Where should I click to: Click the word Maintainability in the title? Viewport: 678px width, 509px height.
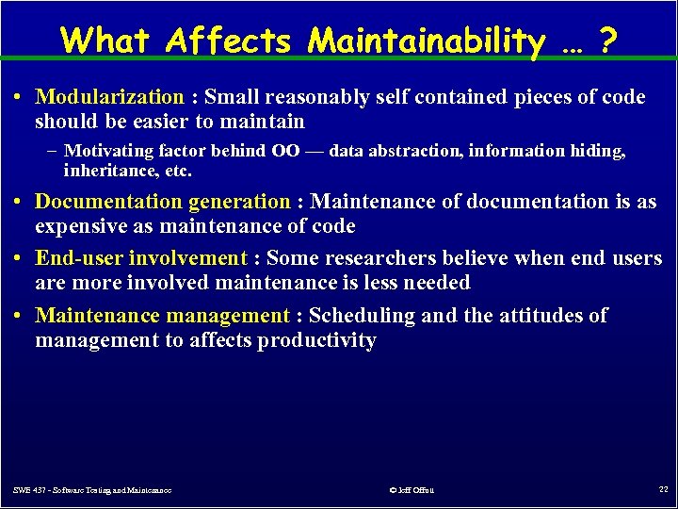427,41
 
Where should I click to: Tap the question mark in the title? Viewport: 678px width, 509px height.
609,41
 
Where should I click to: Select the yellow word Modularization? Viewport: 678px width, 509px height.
109,97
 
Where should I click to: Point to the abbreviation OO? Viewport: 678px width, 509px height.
285,151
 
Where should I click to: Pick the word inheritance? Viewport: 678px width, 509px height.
105,171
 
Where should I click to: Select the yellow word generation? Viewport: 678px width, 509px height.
239,202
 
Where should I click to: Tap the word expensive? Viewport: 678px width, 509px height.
80,226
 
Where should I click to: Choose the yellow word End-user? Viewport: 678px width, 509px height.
79,258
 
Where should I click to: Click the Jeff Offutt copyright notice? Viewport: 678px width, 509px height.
411,490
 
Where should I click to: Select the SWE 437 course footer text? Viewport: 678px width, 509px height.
92,490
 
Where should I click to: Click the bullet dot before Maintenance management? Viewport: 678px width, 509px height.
19,316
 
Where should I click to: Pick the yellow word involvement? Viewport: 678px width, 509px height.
187,258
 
